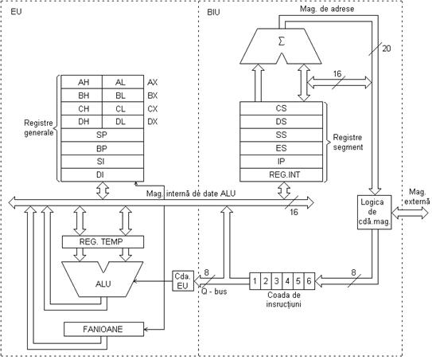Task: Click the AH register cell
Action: (x=82, y=82)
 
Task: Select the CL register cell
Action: (x=123, y=108)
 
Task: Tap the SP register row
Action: (x=102, y=135)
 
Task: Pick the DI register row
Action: (x=102, y=175)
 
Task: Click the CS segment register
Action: (x=281, y=108)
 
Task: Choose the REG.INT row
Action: (x=281, y=175)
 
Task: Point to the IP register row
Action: (x=281, y=162)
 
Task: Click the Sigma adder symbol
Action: (x=281, y=41)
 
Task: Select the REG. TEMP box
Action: (x=103, y=242)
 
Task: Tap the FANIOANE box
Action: (x=104, y=329)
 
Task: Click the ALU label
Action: (x=103, y=284)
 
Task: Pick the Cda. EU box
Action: (x=183, y=281)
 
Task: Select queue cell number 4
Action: (x=287, y=281)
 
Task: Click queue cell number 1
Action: (x=255, y=281)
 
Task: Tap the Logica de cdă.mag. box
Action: (x=375, y=212)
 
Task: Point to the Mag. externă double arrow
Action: (x=410, y=213)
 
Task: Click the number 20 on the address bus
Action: (x=387, y=49)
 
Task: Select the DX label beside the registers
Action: (x=153, y=122)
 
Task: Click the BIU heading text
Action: (x=213, y=13)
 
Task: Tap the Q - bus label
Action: (x=214, y=292)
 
